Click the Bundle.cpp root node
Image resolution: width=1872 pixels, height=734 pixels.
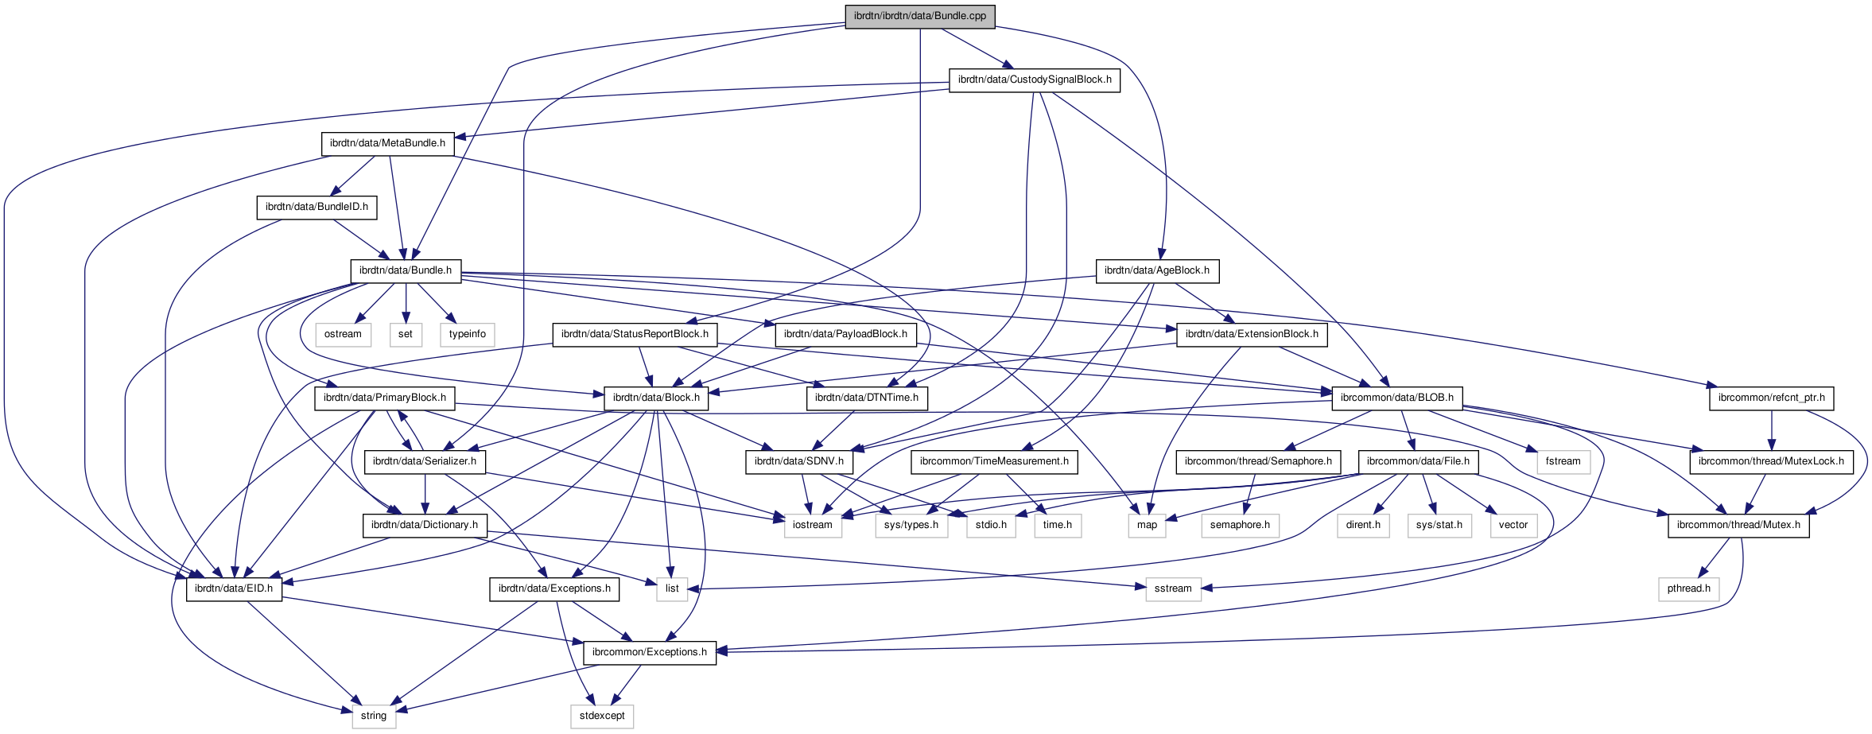pos(919,16)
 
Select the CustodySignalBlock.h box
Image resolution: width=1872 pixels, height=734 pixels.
pos(1034,80)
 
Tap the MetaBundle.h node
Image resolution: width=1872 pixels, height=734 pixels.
pos(387,143)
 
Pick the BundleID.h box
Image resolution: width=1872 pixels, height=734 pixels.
pos(317,207)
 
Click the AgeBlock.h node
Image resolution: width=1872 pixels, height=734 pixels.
pos(1156,270)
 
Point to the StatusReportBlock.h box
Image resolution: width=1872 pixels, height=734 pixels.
pos(635,334)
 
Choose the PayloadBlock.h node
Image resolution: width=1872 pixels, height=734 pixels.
pos(845,334)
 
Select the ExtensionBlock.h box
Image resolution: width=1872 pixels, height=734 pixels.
pos(1251,334)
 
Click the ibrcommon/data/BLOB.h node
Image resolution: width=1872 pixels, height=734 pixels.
pos(1396,398)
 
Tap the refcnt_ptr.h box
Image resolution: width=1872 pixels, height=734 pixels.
pos(1771,398)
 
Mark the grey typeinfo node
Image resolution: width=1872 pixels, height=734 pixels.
pos(467,334)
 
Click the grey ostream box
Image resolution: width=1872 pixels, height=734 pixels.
pos(343,334)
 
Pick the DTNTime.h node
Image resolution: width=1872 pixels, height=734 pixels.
pos(866,398)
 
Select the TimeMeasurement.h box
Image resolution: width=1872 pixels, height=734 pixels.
pos(994,461)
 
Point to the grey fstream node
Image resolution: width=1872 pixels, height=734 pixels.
pos(1563,461)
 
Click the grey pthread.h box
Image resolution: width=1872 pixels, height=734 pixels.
pos(1689,588)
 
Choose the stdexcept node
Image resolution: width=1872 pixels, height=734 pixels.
pos(602,716)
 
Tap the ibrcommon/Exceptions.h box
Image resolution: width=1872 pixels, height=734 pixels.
pos(649,652)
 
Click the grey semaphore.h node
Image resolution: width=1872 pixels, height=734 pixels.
pos(1239,525)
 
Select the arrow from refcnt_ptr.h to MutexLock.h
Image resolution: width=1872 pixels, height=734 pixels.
pos(1771,429)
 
